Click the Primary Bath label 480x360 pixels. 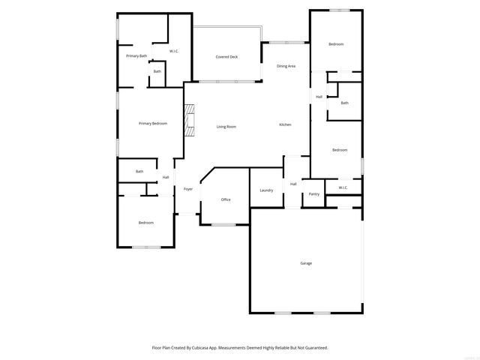point(136,56)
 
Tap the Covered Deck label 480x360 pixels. point(226,57)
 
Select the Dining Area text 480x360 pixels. point(286,66)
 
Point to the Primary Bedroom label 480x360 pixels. point(153,123)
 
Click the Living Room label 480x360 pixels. point(226,127)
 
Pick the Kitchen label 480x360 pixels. point(286,124)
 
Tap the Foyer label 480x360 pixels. point(188,189)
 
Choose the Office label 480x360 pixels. point(226,199)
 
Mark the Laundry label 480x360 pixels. point(266,190)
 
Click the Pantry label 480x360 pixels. point(313,194)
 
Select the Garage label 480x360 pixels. point(306,263)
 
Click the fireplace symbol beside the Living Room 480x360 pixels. point(190,121)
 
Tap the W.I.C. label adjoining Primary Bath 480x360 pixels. point(174,51)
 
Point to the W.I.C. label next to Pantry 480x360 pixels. point(343,187)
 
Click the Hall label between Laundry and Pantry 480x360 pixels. point(293,184)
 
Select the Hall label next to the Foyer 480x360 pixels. point(166,178)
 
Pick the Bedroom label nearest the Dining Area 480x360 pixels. point(336,44)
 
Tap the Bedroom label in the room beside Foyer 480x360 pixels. point(145,223)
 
